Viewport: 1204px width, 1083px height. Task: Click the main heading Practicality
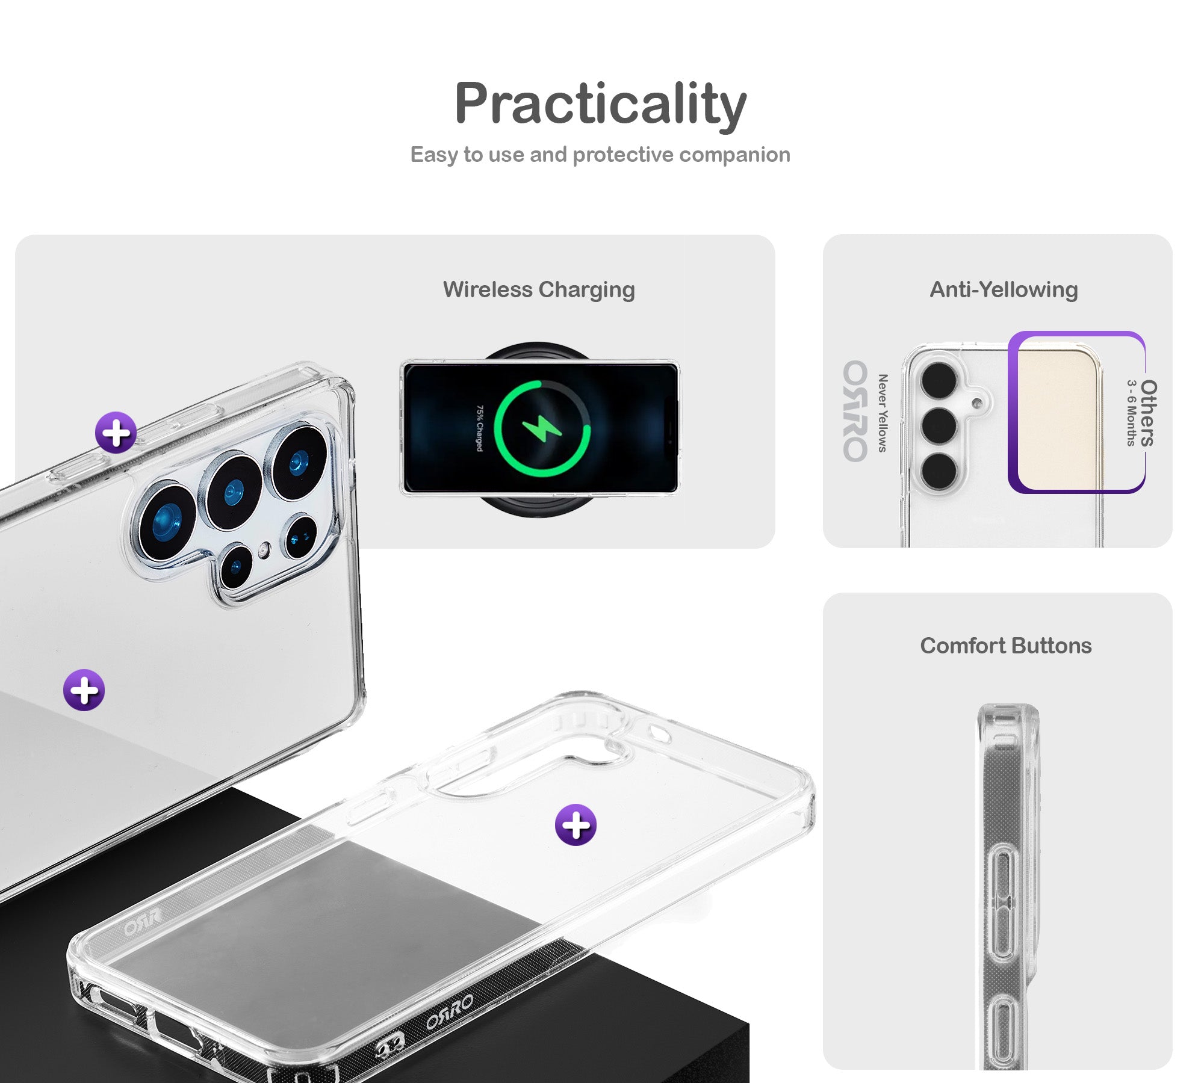pos(600,105)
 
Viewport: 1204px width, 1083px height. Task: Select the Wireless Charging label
pos(539,289)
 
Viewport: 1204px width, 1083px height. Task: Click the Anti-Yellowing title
pos(1004,289)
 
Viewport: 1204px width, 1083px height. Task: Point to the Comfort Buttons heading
pos(1005,646)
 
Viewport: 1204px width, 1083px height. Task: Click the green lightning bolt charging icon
pos(542,428)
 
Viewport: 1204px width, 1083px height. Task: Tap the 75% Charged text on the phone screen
pos(480,428)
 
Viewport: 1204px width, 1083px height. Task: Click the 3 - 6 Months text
pos(1131,413)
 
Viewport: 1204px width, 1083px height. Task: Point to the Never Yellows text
pos(883,413)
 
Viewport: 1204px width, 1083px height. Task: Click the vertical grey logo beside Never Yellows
pos(855,412)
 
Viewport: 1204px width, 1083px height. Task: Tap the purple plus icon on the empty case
pos(576,825)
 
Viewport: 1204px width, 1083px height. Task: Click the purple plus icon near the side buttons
pos(116,433)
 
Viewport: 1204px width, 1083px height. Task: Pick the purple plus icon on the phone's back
pos(84,690)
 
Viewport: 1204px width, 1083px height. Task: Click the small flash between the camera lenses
pos(264,549)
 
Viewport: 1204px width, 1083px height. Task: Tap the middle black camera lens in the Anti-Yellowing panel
pos(939,425)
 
